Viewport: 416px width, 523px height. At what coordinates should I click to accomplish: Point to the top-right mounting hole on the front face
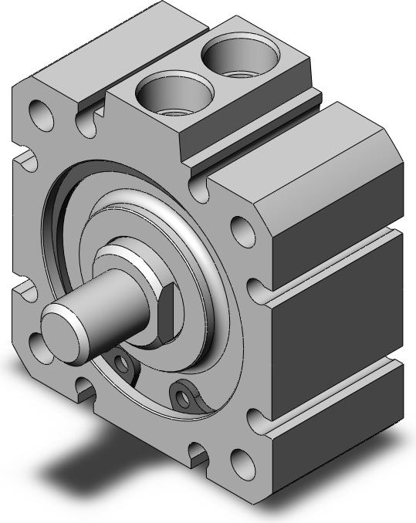(x=243, y=229)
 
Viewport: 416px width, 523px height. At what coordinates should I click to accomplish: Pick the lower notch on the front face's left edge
(x=23, y=291)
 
